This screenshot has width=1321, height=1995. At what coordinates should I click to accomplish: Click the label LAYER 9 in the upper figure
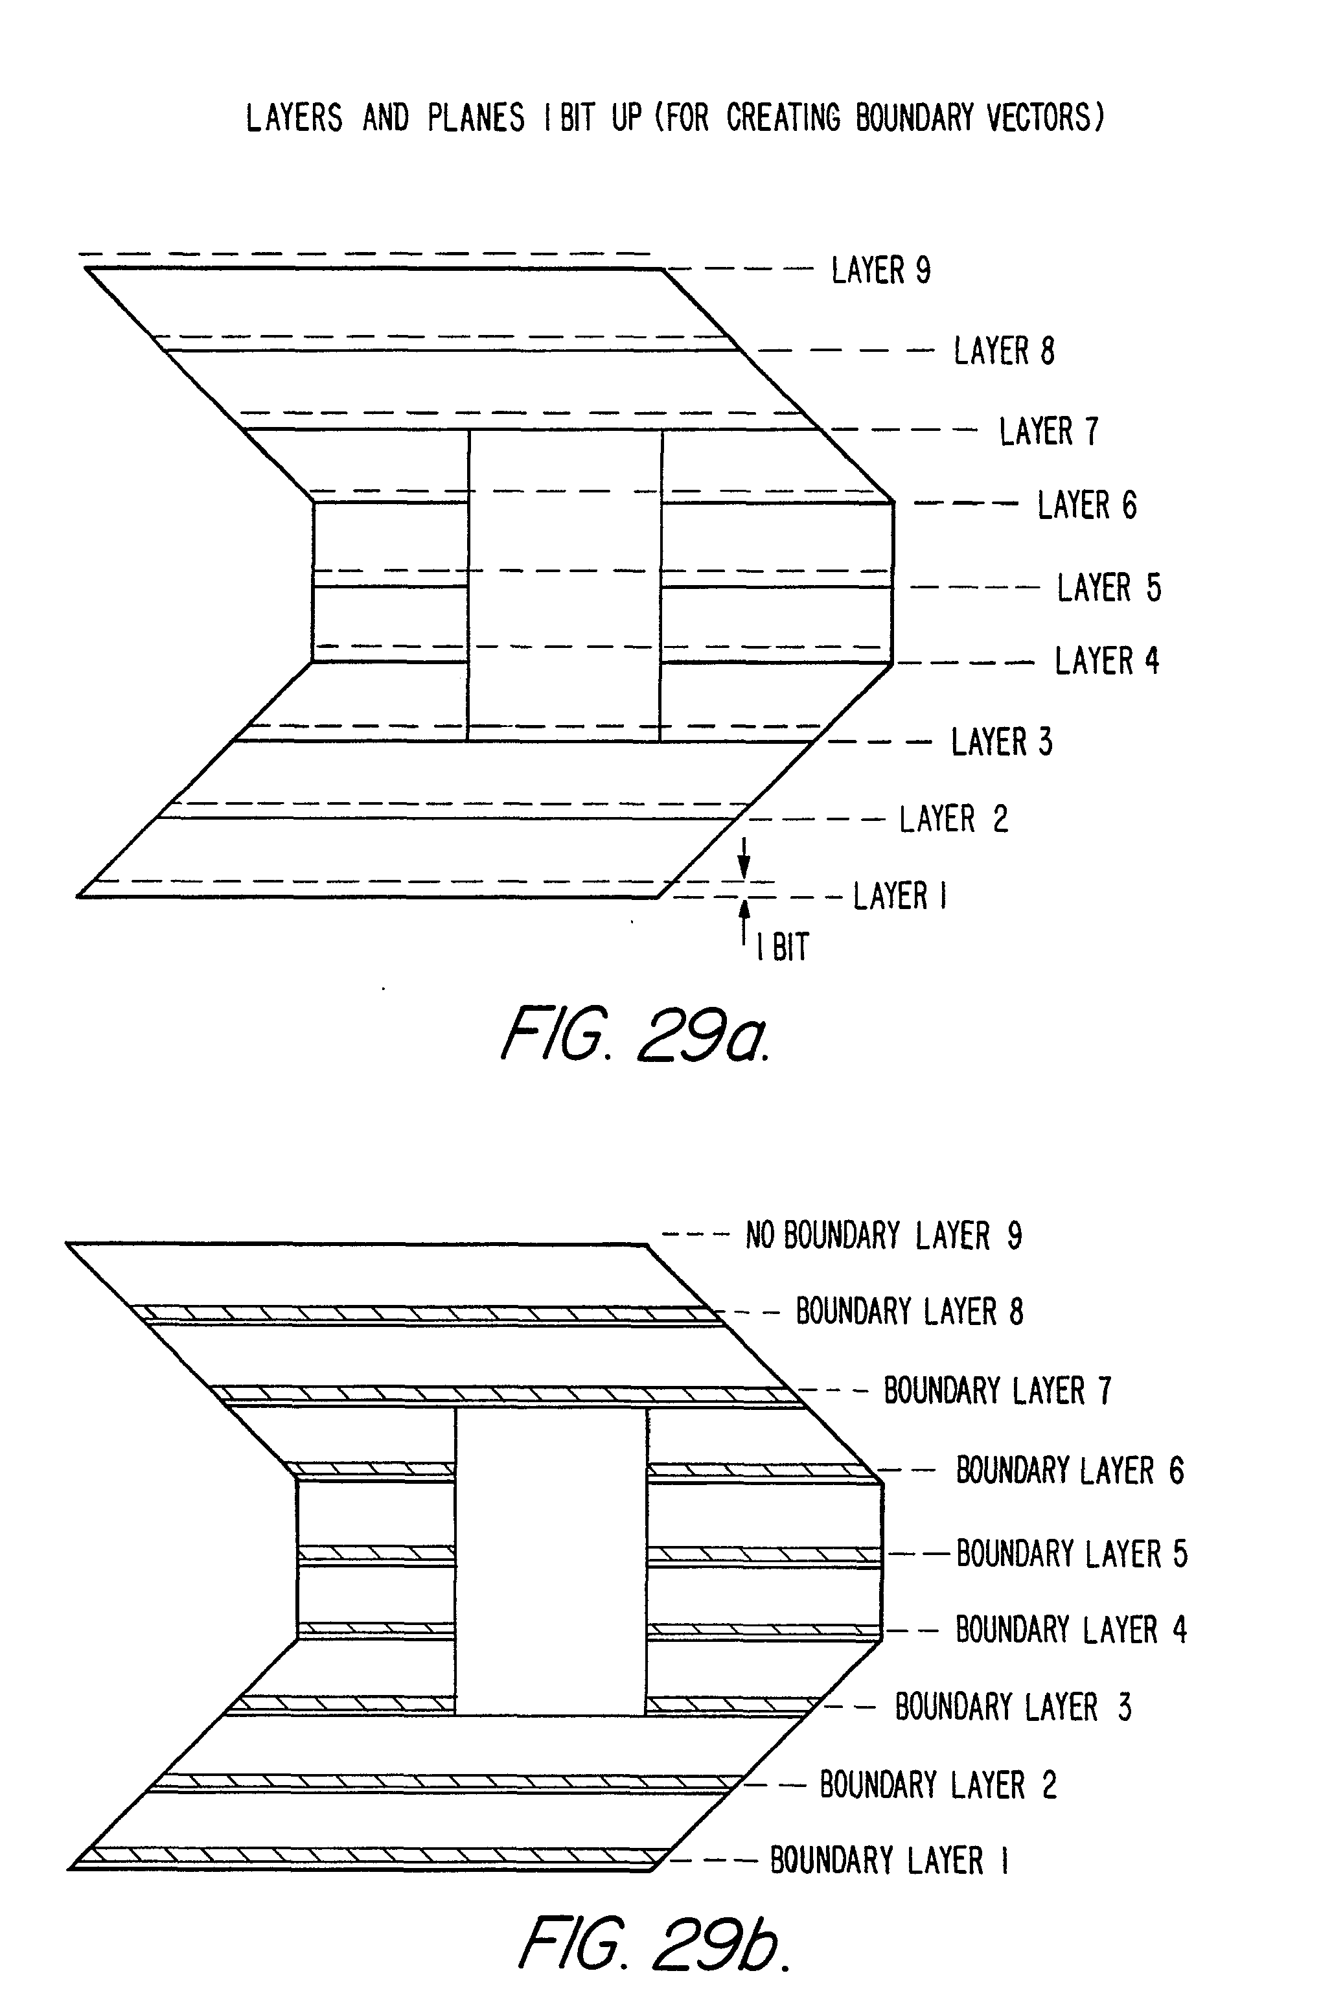tap(880, 270)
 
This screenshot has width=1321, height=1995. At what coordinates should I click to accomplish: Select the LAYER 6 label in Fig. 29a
tap(1086, 505)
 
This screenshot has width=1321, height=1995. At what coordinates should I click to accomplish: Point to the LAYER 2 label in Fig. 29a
tap(953, 819)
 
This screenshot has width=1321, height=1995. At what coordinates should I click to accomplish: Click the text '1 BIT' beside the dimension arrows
tap(783, 948)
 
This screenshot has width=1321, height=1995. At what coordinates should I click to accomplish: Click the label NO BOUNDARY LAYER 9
tap(884, 1236)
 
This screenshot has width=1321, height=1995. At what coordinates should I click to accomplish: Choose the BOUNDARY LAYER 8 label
tap(910, 1311)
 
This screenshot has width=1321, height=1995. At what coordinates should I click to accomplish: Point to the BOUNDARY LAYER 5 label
tap(1072, 1554)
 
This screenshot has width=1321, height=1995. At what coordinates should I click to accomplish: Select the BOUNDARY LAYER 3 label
tap(1013, 1707)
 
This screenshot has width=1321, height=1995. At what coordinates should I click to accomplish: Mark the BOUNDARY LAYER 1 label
tap(890, 1860)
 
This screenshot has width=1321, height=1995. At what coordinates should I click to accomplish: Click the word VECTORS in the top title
tap(1044, 117)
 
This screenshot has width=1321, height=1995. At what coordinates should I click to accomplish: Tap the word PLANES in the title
tap(476, 117)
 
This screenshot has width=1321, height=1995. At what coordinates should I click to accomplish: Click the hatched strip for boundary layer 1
tap(371, 1854)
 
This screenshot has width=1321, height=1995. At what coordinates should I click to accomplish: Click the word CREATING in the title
tap(783, 117)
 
